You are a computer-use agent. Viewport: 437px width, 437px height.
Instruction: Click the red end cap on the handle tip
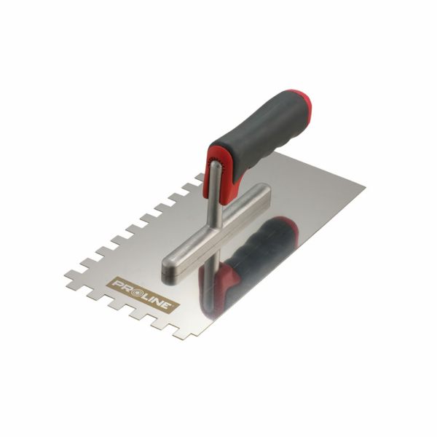(302, 104)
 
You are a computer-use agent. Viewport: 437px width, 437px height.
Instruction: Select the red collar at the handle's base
(219, 176)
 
